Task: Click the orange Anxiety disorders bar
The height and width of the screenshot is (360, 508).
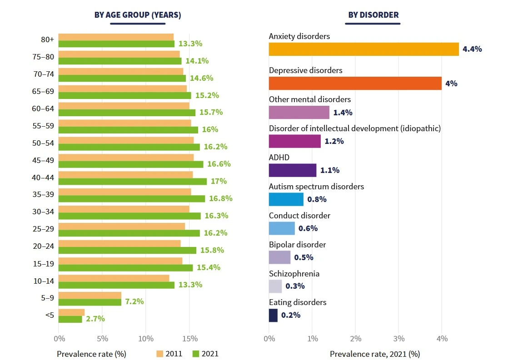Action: (x=364, y=49)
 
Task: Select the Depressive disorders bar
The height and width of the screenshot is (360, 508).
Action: (x=355, y=84)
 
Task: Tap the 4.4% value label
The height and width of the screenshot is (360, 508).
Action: (x=472, y=49)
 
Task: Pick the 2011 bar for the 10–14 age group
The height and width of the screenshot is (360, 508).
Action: (x=114, y=278)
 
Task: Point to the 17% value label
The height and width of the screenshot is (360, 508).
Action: (x=219, y=181)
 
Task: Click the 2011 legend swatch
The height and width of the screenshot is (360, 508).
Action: (x=159, y=354)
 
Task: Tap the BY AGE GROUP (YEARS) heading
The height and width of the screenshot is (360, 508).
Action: (x=138, y=15)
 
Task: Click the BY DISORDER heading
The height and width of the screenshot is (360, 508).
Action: (x=373, y=15)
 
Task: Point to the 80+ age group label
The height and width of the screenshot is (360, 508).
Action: (x=47, y=40)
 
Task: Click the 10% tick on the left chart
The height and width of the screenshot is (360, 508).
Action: (x=146, y=338)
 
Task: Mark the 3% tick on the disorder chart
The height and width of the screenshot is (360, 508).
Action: (x=398, y=338)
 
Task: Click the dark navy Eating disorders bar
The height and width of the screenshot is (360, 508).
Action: (x=273, y=316)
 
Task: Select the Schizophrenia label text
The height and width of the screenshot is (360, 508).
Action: (x=294, y=274)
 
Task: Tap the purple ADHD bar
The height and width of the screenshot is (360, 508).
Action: (x=293, y=170)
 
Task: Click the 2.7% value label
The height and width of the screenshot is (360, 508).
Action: (x=95, y=319)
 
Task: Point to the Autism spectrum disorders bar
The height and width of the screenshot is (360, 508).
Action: (x=286, y=199)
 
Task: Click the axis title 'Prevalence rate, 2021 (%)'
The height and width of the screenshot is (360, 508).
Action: (x=374, y=354)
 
